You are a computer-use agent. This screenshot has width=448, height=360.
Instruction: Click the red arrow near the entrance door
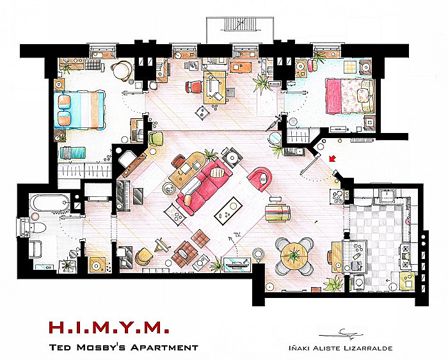point(333,158)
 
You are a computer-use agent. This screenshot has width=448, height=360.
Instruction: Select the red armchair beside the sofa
point(259,179)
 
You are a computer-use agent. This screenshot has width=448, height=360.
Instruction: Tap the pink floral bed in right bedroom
point(349,96)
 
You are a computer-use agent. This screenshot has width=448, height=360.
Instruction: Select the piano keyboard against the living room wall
point(123,196)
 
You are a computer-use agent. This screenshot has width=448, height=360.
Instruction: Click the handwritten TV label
point(237,235)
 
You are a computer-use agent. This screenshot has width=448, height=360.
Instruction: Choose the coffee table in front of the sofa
point(228,211)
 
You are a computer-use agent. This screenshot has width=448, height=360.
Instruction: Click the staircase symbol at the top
point(240,24)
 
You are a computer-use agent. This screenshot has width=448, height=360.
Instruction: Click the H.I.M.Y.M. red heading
point(109,327)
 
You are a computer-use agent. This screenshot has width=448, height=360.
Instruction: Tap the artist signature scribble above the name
point(341,334)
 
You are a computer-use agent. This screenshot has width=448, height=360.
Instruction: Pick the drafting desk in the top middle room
point(215,88)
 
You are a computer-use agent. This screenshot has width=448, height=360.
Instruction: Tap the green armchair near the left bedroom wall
point(156,139)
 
